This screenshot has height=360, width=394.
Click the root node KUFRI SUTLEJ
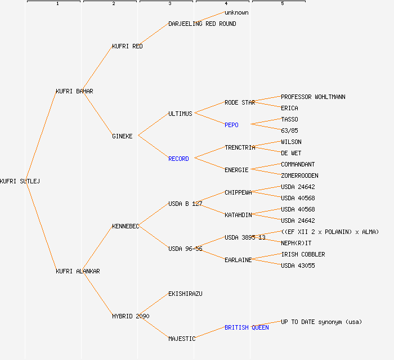click(20, 181)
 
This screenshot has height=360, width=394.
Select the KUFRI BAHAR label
click(74, 91)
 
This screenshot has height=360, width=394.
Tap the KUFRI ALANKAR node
click(78, 271)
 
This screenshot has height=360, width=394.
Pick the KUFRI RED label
click(127, 46)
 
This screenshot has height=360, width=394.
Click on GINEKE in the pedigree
click(122, 136)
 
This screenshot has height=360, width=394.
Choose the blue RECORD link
click(178, 159)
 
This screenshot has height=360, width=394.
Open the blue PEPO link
click(231, 125)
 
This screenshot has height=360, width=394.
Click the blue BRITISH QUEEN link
click(247, 327)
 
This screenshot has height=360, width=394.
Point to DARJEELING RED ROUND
click(202, 24)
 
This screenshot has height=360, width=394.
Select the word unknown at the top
click(236, 12)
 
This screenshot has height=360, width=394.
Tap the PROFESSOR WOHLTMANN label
click(313, 97)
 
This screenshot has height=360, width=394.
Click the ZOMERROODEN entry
click(299, 175)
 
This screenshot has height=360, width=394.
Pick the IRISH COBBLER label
click(303, 254)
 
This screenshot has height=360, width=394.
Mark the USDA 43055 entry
click(298, 265)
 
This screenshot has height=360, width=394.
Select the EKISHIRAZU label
click(185, 294)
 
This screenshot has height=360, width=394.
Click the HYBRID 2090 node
click(131, 316)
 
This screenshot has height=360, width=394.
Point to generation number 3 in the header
click(169, 4)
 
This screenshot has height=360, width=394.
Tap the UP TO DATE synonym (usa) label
click(321, 322)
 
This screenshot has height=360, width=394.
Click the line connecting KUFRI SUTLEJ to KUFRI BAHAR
click(41, 135)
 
